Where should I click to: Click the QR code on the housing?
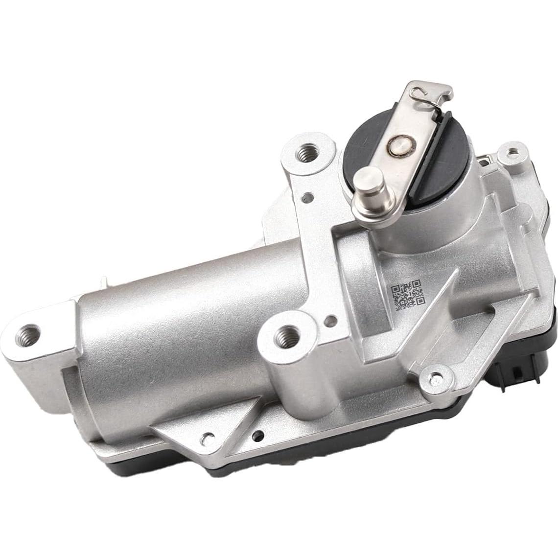pos(406,295)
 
